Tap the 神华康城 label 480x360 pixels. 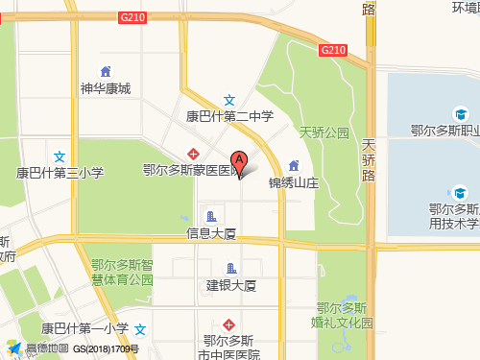(106, 88)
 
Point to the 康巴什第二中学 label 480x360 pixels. (229, 116)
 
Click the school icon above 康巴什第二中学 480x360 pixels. (229, 100)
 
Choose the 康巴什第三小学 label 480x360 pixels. (60, 173)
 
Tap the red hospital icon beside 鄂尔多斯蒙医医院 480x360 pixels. (194, 154)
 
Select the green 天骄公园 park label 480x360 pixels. (324, 132)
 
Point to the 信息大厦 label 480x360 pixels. (211, 233)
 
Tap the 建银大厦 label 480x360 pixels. (230, 285)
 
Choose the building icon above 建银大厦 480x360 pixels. (230, 268)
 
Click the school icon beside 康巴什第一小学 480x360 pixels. (141, 328)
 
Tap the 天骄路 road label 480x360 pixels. (369, 160)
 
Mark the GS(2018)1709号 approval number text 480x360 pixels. (106, 349)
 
